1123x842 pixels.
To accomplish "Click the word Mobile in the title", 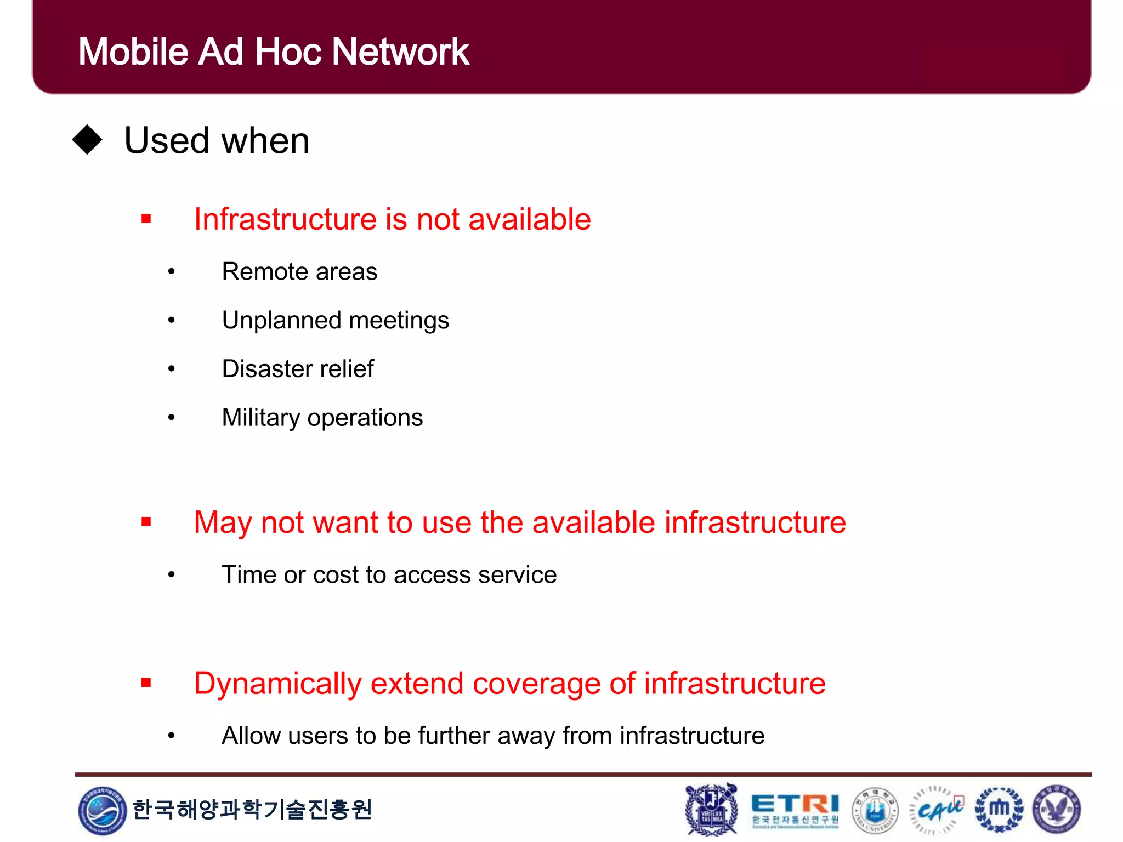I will click(x=133, y=52).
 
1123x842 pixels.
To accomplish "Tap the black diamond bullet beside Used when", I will click(x=88, y=140).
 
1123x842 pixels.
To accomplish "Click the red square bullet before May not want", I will click(x=146, y=521).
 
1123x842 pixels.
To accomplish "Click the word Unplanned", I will click(x=281, y=320).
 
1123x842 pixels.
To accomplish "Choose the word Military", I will click(x=260, y=418).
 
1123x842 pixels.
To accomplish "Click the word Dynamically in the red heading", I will click(x=277, y=684).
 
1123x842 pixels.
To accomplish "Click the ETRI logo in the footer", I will click(x=795, y=810).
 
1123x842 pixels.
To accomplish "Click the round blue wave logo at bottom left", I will click(x=102, y=810).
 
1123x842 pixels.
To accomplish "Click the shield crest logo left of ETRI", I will click(x=712, y=810).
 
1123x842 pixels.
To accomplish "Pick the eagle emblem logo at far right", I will click(x=1057, y=810).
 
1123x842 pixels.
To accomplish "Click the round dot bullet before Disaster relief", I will click(x=172, y=369).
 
